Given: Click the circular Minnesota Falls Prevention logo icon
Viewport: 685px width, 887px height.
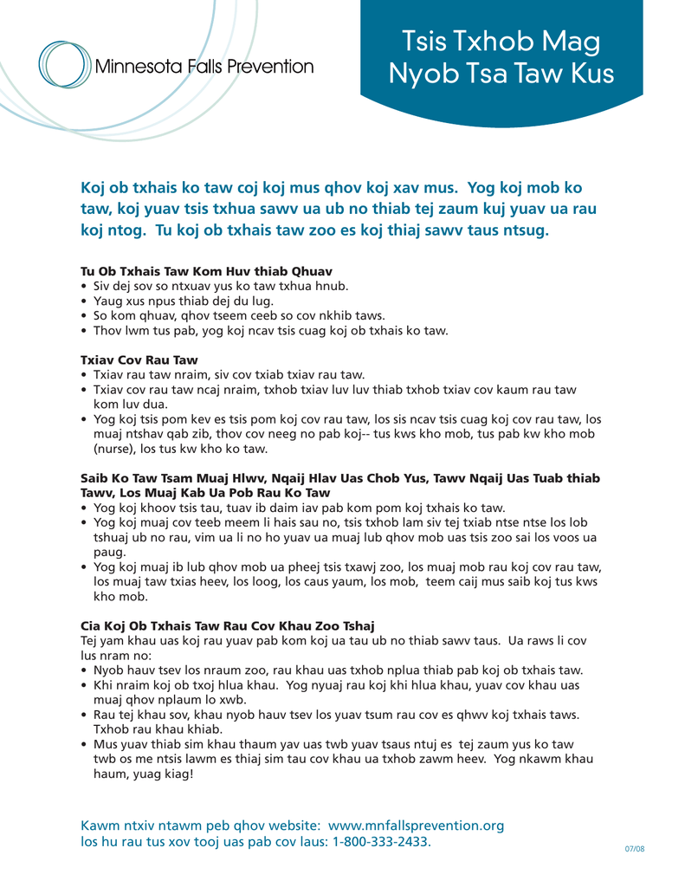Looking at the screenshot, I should pyautogui.click(x=66, y=66).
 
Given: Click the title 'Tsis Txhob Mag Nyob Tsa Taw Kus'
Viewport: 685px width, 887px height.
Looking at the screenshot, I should pyautogui.click(x=501, y=56).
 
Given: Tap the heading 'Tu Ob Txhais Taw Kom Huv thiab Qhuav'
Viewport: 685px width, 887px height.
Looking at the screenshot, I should pyautogui.click(x=206, y=271).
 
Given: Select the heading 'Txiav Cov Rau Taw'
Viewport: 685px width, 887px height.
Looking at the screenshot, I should pyautogui.click(x=139, y=359).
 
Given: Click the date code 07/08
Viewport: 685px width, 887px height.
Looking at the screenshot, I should pyautogui.click(x=635, y=849).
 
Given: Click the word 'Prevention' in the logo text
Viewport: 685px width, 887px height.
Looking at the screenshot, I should pyautogui.click(x=270, y=67).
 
